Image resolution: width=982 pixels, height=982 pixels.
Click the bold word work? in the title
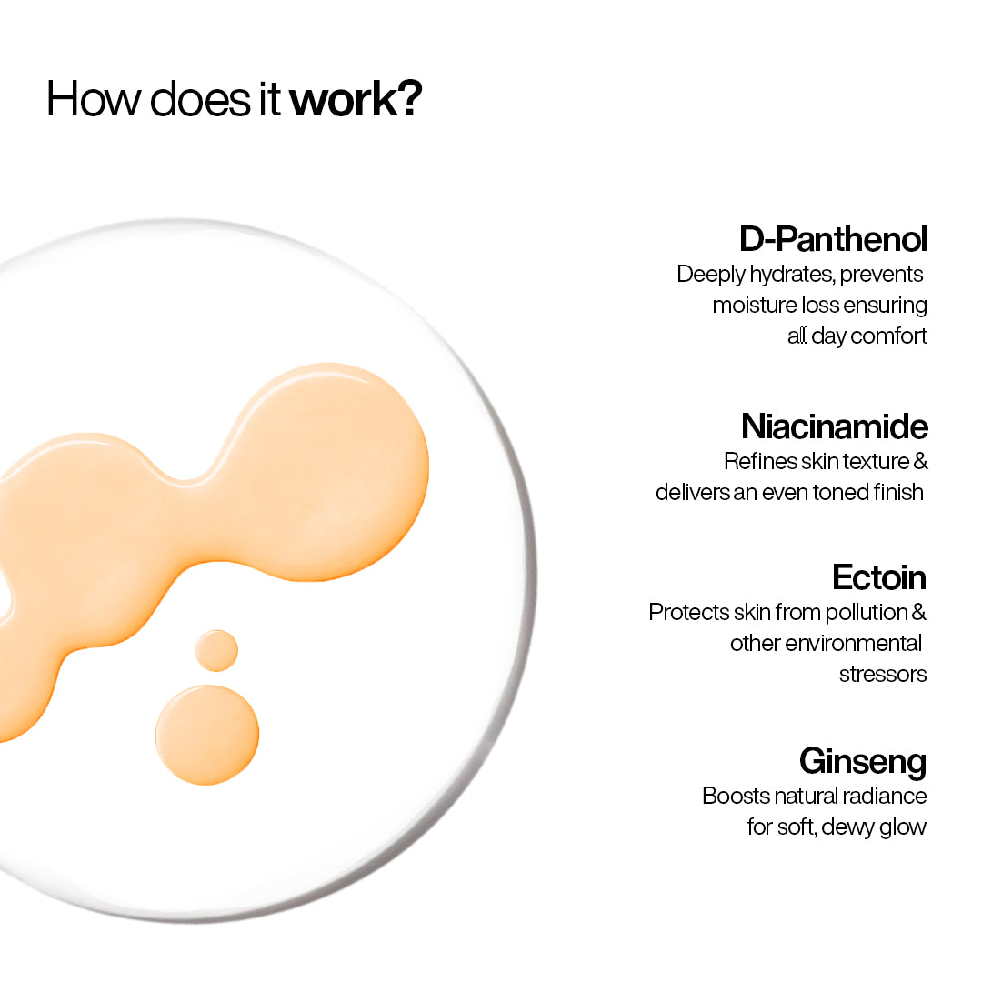(x=356, y=99)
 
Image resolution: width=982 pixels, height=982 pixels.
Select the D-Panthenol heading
(x=833, y=239)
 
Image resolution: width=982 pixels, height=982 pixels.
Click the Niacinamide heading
(x=834, y=426)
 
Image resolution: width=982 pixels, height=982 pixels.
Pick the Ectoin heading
(x=878, y=577)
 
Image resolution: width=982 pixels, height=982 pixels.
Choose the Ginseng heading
(x=862, y=760)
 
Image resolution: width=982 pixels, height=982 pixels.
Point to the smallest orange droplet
(x=216, y=651)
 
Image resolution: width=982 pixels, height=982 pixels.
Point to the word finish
(x=896, y=492)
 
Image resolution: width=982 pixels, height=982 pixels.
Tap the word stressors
(x=882, y=674)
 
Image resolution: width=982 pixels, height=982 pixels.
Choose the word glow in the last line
(x=902, y=827)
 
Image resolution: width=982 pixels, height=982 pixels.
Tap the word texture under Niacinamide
(x=875, y=461)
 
